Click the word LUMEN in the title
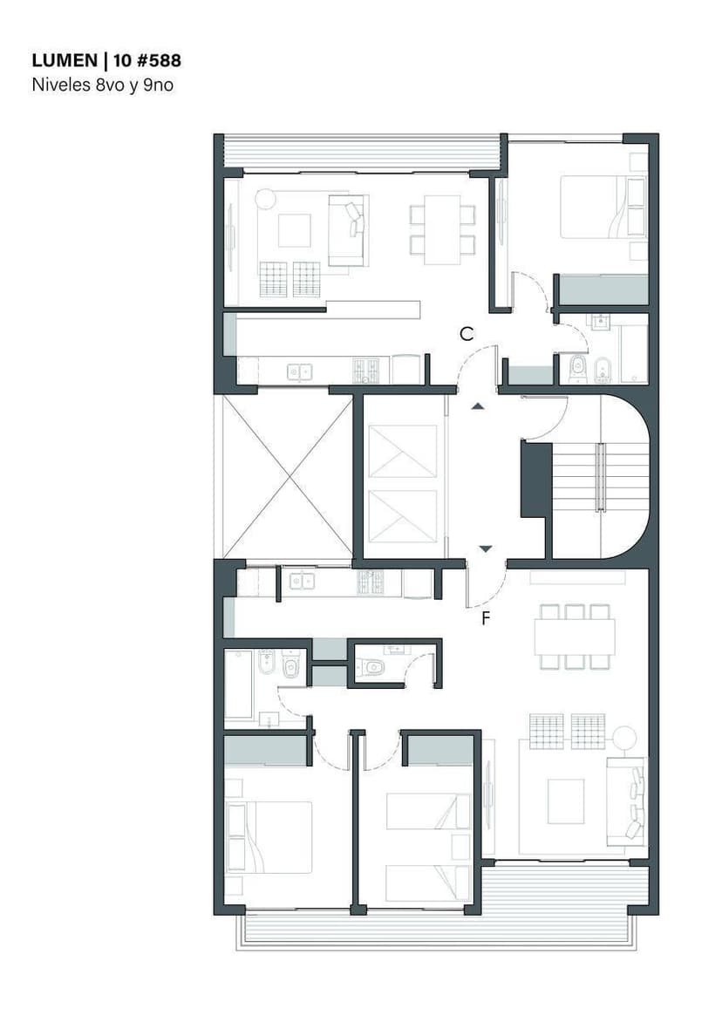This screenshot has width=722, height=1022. (x=65, y=61)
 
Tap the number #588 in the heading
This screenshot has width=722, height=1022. (x=160, y=61)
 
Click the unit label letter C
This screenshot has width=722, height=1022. (x=467, y=334)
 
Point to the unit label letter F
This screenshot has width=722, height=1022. (x=486, y=618)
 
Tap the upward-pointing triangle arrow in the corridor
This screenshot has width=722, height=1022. (x=478, y=406)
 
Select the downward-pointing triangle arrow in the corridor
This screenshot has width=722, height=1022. (x=486, y=548)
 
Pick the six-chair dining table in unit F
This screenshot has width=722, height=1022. (x=575, y=637)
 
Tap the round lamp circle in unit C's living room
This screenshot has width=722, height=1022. (x=265, y=198)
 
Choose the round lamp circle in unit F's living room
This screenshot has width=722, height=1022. (x=624, y=737)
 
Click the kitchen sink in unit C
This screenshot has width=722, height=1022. (x=299, y=372)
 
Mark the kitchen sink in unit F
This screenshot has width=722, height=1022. (x=302, y=580)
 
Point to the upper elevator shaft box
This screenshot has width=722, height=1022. (x=402, y=451)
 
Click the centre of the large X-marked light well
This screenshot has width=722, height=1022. (x=288, y=476)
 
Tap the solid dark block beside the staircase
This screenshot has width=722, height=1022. (x=536, y=480)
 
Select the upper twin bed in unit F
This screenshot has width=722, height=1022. (x=428, y=811)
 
